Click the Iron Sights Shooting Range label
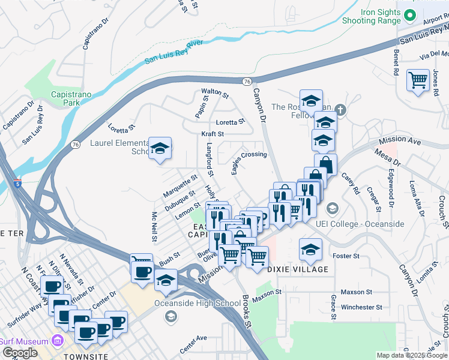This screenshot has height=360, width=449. pos(380,16)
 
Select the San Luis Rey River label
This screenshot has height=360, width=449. pos(174,53)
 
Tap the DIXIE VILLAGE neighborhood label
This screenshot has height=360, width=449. pos(298,269)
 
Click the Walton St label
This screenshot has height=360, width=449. pos(215,93)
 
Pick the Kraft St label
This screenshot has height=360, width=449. pos(212,134)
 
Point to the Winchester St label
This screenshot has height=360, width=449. pos(361,307)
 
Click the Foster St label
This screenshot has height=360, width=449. pos(345,256)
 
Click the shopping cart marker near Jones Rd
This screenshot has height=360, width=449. pos(418,80)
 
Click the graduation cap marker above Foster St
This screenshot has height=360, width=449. pos(310,249)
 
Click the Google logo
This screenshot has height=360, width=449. pos(20,353)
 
